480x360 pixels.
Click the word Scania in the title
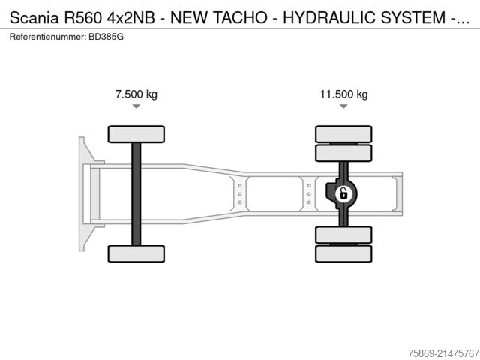(34, 18)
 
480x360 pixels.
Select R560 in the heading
(82, 18)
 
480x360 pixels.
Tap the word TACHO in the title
(240, 18)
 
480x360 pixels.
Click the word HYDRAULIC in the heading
(329, 18)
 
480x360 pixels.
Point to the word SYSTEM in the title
(413, 18)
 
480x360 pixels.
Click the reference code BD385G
(106, 37)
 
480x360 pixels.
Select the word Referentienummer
(48, 37)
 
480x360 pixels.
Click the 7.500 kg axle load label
(136, 94)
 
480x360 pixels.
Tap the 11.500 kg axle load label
(343, 94)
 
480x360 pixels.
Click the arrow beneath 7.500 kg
(136, 106)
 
